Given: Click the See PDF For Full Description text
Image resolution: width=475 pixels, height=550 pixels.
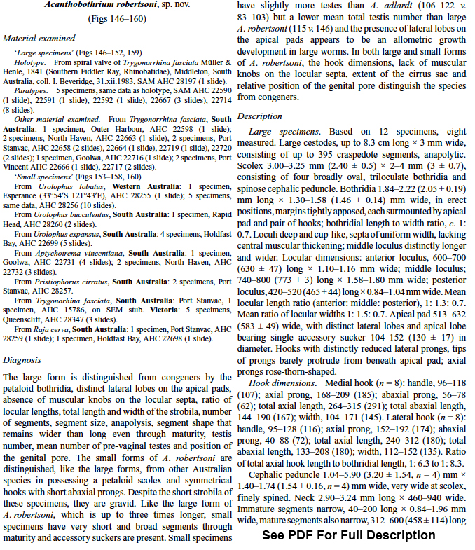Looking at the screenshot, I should [x=348, y=535].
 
